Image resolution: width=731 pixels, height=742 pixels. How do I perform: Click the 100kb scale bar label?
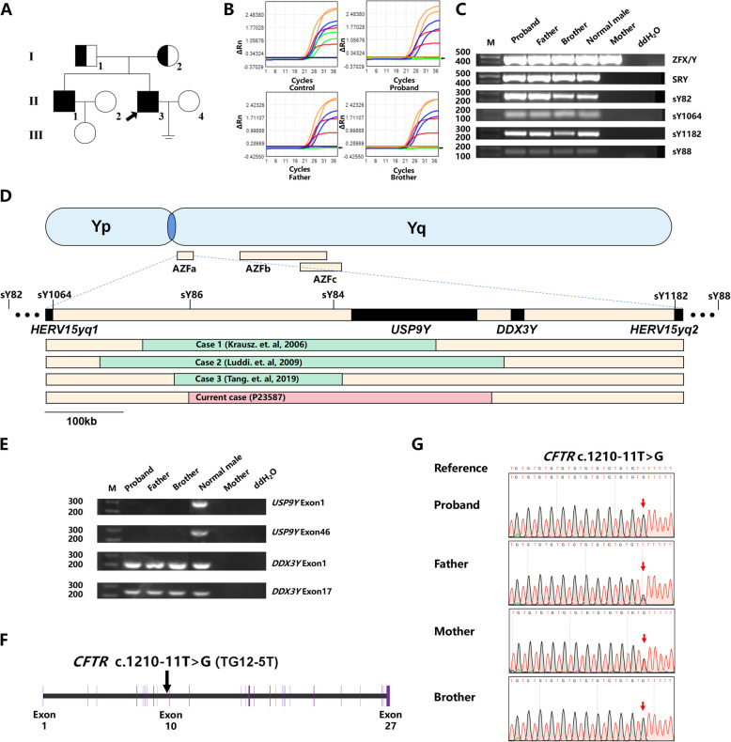[x=85, y=419]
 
